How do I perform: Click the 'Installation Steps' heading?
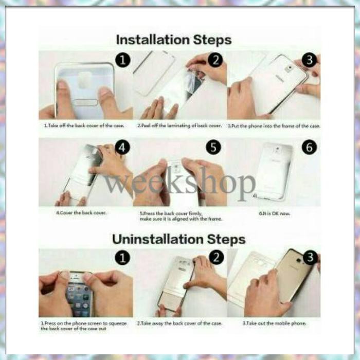(x=173, y=40)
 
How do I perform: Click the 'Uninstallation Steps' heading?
(x=179, y=239)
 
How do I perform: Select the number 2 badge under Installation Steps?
(x=215, y=60)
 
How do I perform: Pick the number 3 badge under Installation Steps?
(x=309, y=60)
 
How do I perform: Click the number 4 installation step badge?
(x=122, y=148)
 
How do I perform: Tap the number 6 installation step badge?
(x=309, y=148)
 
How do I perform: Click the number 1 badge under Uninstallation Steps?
(x=122, y=257)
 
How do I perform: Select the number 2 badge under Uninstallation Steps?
(x=217, y=257)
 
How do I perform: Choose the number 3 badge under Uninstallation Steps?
(x=310, y=257)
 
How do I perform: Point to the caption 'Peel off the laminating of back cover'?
(x=179, y=125)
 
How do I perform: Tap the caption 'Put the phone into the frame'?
(x=274, y=125)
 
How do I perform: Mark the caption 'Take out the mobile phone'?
(x=274, y=323)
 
